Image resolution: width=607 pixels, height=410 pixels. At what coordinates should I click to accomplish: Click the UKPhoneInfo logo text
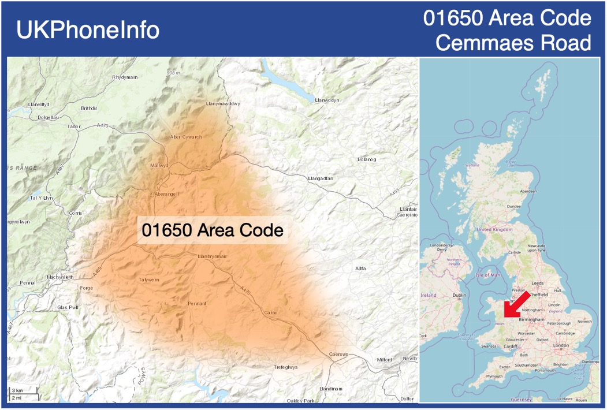point(88,30)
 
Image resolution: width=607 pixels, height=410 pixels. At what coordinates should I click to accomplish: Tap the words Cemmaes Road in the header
point(513,42)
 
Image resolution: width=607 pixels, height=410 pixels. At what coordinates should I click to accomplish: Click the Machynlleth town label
point(61,277)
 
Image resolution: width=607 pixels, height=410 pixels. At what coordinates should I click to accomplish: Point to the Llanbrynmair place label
point(213,256)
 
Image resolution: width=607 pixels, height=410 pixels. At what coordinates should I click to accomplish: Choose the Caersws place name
point(339,354)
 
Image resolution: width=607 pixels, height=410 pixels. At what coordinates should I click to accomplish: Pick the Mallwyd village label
point(159,165)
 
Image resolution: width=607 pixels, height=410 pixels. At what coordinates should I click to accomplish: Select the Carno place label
point(270,312)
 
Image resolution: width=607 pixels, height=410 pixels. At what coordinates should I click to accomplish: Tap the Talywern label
point(149,279)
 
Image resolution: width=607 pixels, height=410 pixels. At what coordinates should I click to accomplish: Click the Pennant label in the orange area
point(197,303)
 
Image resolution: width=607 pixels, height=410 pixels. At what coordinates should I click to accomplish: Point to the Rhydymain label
point(125,77)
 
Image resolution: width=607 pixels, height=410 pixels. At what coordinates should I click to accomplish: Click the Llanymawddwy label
point(222,103)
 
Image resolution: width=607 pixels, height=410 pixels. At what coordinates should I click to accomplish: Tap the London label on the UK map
point(561,345)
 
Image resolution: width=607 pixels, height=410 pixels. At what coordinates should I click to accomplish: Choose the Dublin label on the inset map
point(460,296)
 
